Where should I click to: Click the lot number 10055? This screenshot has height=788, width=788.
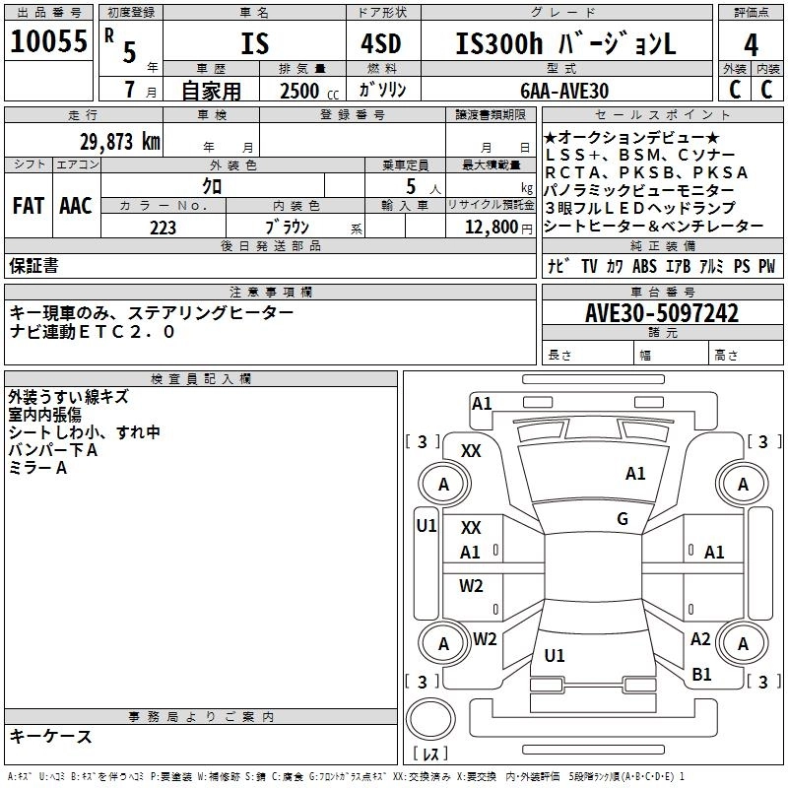click(x=48, y=42)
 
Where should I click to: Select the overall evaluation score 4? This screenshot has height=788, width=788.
click(x=751, y=44)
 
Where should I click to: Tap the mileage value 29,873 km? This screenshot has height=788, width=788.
click(x=120, y=141)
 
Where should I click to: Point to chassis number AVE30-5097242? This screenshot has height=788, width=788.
click(x=661, y=314)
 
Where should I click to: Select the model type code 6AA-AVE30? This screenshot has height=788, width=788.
click(x=564, y=91)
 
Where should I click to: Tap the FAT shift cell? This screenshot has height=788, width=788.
click(x=28, y=206)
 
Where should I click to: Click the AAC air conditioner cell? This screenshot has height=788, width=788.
click(x=76, y=206)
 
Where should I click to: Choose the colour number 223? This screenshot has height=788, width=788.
click(x=163, y=228)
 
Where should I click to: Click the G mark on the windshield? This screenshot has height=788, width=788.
click(x=622, y=519)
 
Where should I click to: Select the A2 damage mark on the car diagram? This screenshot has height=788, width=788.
click(x=700, y=639)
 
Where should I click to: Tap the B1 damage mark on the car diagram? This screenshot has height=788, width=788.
click(x=701, y=675)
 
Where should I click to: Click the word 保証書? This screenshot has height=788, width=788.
click(x=33, y=266)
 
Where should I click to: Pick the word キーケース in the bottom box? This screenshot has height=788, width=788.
click(x=50, y=736)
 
